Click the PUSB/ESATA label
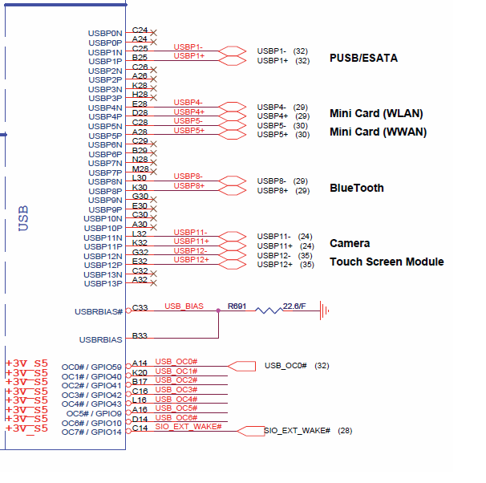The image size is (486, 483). coord(363,58)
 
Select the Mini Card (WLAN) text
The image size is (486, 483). coord(376,113)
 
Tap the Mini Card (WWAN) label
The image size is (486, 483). coord(378,132)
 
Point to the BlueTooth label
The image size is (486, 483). coord(356,188)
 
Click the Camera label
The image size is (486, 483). coord(350,243)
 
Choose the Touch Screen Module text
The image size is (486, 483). coord(387,262)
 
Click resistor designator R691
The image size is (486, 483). coord(237,306)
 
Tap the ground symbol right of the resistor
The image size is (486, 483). coord(325,310)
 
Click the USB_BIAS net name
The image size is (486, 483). coord(184,306)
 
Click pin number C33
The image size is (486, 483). coord(140,307)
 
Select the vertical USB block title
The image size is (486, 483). coord(23,217)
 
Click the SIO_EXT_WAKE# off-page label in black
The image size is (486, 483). coord(297,431)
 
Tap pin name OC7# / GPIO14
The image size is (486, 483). coord(91,432)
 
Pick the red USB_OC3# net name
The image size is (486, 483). coord(176,390)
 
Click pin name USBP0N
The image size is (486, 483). coord(105,33)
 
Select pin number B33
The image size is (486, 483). coord(140,335)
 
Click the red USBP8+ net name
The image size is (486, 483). coord(189,185)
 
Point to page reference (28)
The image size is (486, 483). coord(345,431)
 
